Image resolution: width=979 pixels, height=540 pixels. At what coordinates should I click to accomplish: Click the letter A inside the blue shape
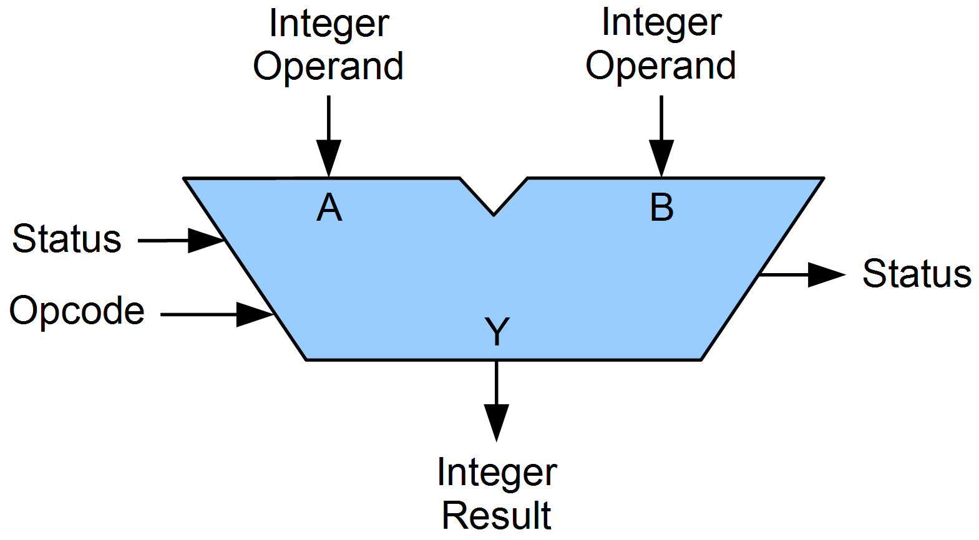coord(329,208)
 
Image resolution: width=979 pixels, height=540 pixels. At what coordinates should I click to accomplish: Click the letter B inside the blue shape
coord(661,208)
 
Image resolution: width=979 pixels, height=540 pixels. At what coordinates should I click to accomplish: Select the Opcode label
coord(77,311)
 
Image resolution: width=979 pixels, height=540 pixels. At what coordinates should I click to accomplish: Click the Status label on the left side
coord(67,239)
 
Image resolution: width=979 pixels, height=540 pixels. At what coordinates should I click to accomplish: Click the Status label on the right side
coord(917,273)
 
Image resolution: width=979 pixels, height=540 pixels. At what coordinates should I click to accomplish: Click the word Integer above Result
coord(497,473)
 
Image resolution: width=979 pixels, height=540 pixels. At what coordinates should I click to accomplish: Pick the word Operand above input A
coord(328,65)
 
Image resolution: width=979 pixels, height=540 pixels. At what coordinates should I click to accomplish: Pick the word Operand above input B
coord(661,65)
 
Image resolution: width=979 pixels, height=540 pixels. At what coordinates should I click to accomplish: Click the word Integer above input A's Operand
coord(329,24)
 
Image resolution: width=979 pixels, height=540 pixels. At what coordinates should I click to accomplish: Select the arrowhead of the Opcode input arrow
coord(255,315)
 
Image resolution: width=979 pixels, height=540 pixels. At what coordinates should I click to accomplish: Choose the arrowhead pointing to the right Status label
coord(826,274)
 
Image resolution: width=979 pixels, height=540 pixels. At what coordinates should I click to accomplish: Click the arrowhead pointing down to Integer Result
coord(497,422)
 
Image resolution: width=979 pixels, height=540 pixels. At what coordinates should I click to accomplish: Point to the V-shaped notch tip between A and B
coord(494,214)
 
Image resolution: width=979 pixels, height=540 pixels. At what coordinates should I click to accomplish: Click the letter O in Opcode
coord(24,310)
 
